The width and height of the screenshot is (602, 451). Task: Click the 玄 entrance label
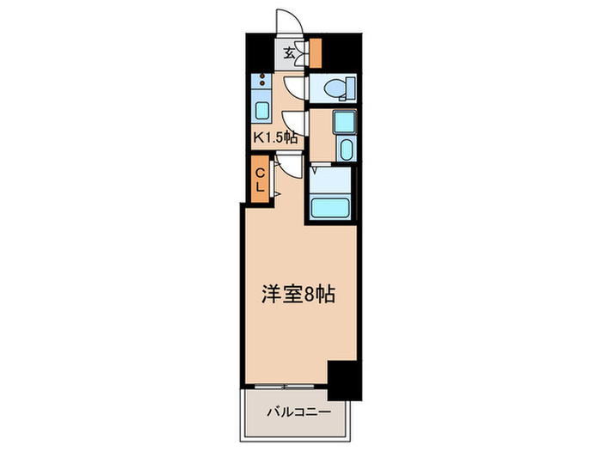[x=290, y=53]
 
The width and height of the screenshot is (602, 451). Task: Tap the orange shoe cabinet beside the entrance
[x=315, y=53]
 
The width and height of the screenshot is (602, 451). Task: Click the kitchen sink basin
[x=261, y=110]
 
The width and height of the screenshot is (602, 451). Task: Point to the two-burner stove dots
[x=261, y=84]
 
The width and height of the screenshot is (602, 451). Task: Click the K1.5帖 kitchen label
[x=274, y=135]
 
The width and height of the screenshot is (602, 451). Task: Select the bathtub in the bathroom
[x=330, y=207]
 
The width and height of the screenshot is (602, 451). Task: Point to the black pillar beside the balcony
[x=343, y=377]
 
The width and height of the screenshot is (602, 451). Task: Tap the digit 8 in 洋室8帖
[x=309, y=295]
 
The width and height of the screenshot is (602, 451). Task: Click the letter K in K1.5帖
[x=257, y=135]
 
